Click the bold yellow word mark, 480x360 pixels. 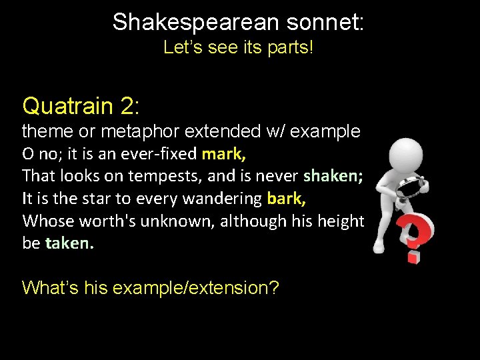pyautogui.click(x=223, y=154)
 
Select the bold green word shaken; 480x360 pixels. pyautogui.click(x=333, y=176)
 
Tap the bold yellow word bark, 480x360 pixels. pyautogui.click(x=287, y=199)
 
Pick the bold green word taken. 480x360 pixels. pyautogui.click(x=69, y=243)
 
